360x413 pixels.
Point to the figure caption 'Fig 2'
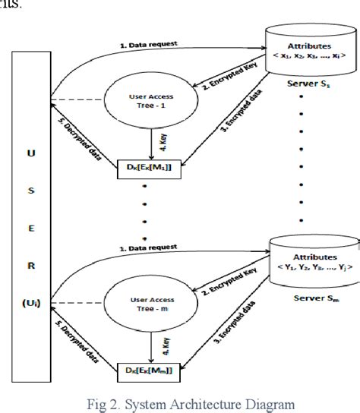180,403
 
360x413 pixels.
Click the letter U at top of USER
31,153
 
